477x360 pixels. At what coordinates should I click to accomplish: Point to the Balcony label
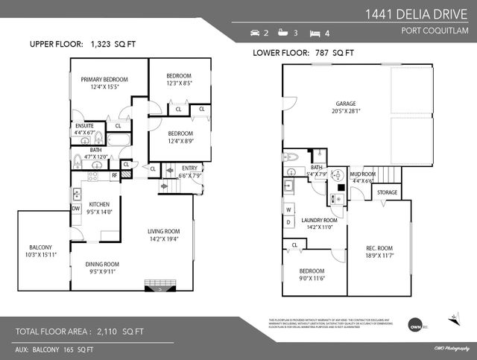pos(40,247)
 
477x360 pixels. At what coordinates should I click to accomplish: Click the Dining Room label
pos(101,264)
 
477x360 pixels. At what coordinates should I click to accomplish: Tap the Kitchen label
pos(100,204)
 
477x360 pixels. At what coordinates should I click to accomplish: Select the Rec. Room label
pos(379,248)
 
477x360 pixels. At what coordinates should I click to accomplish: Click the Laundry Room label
pos(319,221)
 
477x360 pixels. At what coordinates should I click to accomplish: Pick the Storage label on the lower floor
pos(387,192)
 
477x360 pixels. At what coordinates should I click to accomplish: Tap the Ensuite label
pos(84,126)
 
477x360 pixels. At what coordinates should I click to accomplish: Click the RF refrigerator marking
pos(114,177)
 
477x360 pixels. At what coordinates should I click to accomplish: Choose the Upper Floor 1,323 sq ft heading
pos(83,45)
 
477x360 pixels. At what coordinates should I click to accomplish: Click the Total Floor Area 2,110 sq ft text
pos(80,330)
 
